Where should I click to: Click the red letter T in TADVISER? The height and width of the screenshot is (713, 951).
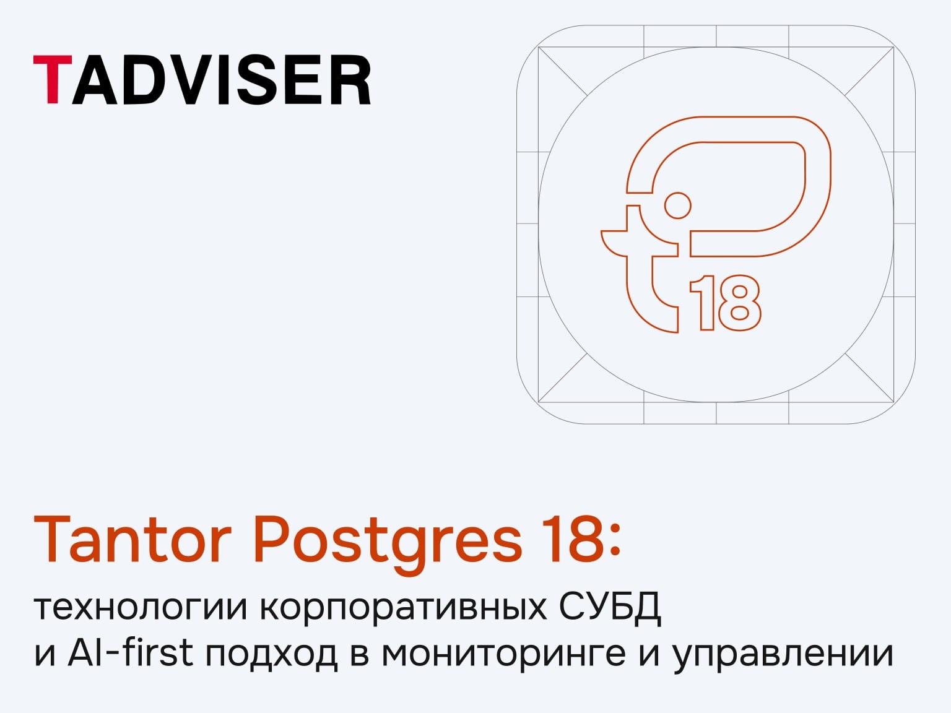53,79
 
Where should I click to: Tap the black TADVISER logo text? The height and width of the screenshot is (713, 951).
202,80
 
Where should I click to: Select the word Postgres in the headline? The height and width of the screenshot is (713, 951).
388,545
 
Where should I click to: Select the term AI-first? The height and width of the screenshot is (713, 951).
131,652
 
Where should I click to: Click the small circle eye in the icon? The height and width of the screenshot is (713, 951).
677,205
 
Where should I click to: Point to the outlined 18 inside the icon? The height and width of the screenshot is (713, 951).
725,303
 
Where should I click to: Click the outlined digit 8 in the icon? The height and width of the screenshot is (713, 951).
740,303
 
